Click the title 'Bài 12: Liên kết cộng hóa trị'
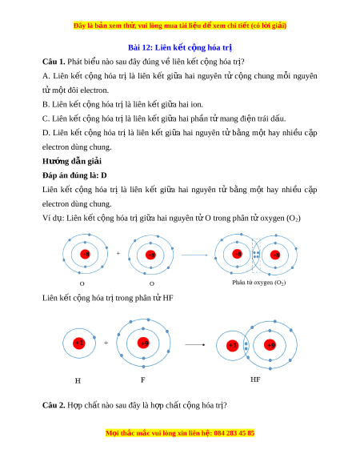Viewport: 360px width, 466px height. (x=180, y=47)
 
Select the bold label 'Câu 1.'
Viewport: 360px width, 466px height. (x=54, y=62)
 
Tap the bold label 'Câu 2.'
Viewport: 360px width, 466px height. (x=54, y=405)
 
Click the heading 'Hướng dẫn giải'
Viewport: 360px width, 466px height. (x=71, y=162)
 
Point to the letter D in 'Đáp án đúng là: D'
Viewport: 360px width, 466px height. (x=104, y=175)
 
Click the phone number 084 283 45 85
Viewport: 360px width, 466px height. (x=234, y=433)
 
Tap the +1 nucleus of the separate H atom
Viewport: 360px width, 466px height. (x=79, y=343)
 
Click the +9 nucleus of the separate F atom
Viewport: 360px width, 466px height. (x=143, y=343)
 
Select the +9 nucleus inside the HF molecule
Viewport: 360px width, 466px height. (x=270, y=345)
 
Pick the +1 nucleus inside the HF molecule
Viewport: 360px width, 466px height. (x=232, y=345)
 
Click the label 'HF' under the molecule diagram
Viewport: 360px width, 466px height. (x=255, y=380)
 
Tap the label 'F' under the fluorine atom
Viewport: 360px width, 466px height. (x=143, y=380)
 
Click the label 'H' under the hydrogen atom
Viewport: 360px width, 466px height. (x=78, y=380)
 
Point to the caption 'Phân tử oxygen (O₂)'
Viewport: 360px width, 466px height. (x=259, y=283)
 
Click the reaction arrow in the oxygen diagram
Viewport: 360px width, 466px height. (x=194, y=255)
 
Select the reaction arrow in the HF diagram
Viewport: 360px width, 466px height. (x=195, y=345)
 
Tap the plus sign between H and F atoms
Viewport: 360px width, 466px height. (x=106, y=343)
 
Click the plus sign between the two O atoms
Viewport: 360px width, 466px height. (x=118, y=253)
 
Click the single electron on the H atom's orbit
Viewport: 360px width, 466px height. (x=94, y=338)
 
